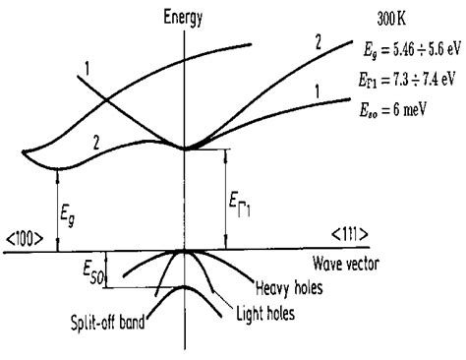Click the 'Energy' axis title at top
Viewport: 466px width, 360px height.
click(x=183, y=18)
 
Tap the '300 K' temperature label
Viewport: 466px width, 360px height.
click(x=391, y=20)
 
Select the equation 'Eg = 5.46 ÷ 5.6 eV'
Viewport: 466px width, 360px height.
click(x=412, y=50)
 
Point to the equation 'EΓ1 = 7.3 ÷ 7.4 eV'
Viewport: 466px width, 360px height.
click(x=407, y=80)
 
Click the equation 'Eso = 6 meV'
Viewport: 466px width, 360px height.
click(x=392, y=109)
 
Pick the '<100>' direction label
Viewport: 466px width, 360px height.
click(x=25, y=240)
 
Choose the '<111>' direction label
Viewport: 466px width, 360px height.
click(x=349, y=235)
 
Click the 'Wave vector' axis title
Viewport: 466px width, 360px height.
click(x=346, y=264)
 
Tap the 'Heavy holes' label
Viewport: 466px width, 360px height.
click(x=289, y=288)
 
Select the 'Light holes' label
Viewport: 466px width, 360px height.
click(x=265, y=314)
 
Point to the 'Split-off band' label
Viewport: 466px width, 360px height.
click(x=108, y=323)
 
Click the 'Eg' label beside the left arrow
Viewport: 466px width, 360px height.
click(x=67, y=216)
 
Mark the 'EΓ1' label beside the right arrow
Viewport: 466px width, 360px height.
click(x=239, y=207)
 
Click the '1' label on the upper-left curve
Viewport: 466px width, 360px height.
click(x=87, y=69)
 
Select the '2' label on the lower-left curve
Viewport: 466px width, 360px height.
click(x=96, y=143)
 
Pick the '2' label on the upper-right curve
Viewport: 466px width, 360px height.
click(x=319, y=42)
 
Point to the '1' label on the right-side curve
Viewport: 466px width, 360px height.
click(x=317, y=91)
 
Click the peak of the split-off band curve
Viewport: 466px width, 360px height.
click(x=184, y=286)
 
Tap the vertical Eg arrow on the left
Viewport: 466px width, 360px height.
click(x=58, y=210)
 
